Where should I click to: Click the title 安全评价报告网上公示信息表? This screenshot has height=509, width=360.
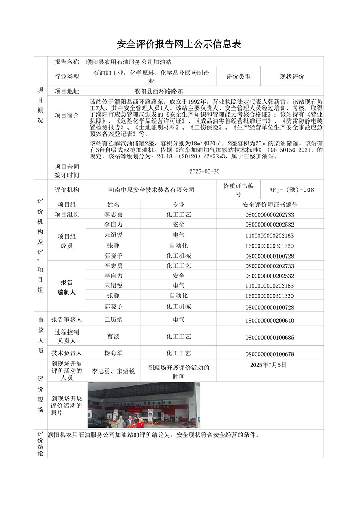[x=179, y=44]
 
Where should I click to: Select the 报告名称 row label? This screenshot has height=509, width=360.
[x=66, y=62]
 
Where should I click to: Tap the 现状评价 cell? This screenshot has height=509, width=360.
[x=292, y=76]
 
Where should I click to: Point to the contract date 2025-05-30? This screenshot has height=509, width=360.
[x=204, y=171]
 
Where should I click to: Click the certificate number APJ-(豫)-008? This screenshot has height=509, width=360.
[x=292, y=190]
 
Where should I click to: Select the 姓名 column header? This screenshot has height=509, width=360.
[x=114, y=205]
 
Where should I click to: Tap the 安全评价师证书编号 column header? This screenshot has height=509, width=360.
[x=270, y=205]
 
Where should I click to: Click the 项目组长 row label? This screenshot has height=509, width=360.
[x=66, y=215]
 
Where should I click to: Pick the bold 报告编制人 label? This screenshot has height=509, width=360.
[x=66, y=287]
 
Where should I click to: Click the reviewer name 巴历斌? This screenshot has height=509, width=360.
[x=114, y=320]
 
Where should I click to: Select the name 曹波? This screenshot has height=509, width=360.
[x=114, y=337]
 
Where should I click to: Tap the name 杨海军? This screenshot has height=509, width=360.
[x=114, y=353]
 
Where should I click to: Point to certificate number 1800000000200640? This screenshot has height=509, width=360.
[x=270, y=321]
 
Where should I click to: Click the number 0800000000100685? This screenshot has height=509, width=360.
[x=270, y=338]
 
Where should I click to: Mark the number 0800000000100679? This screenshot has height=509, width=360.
[x=270, y=354]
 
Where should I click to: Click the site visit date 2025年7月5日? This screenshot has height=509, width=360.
[x=268, y=365]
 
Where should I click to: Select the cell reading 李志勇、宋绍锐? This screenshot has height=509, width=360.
[x=114, y=371]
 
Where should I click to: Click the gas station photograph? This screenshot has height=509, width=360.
[x=144, y=405]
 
